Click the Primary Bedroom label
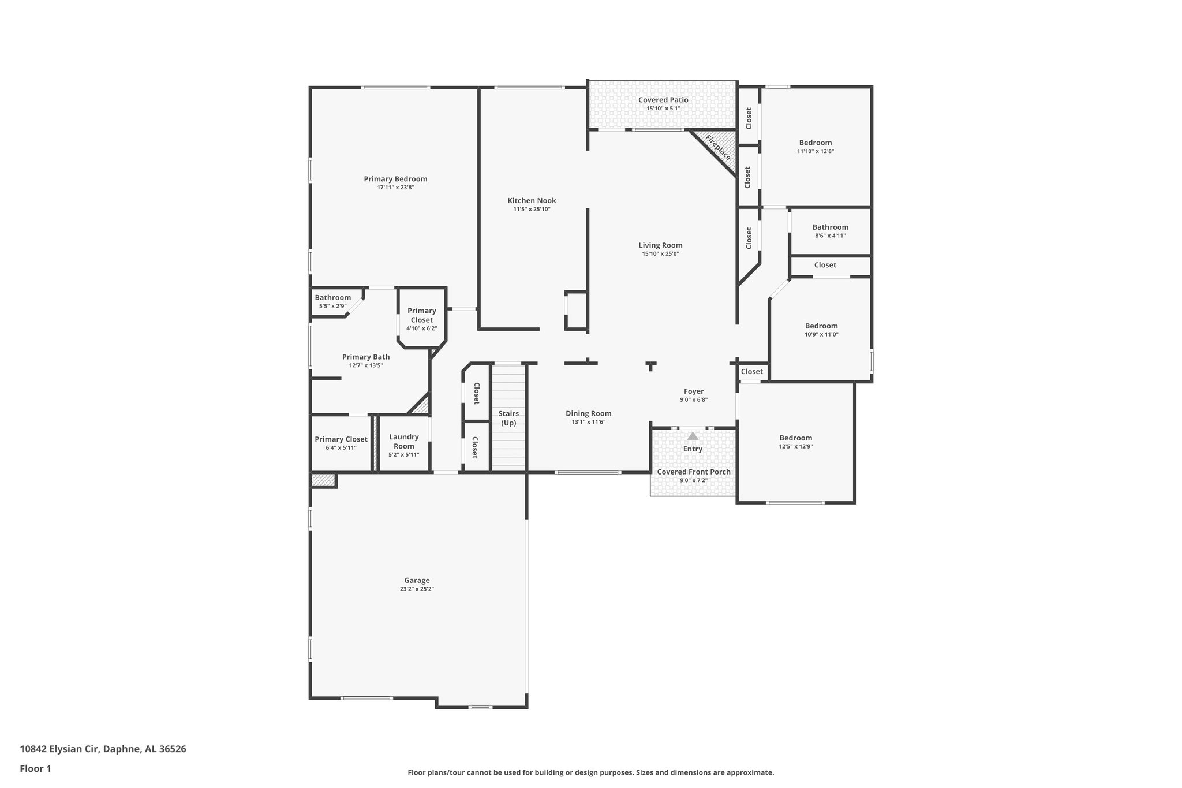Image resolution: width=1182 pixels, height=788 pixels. (x=395, y=179)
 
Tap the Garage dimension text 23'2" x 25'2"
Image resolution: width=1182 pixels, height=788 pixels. (x=417, y=589)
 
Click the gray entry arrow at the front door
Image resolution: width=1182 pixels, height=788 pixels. (x=693, y=436)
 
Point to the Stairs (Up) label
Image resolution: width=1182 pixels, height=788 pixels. (x=508, y=418)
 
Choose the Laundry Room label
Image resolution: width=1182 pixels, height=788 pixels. (x=403, y=442)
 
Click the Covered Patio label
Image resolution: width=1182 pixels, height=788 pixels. (x=663, y=100)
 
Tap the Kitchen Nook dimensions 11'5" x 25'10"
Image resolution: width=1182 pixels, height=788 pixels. (x=532, y=209)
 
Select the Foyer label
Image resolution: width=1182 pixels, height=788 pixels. (x=693, y=391)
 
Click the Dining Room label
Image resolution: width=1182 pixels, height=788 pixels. (x=588, y=413)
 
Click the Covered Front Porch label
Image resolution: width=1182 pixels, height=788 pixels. (x=693, y=472)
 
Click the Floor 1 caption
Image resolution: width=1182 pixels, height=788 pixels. (x=35, y=768)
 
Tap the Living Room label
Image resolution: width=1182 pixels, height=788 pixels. (x=660, y=245)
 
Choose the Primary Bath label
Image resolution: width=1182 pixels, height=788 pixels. (x=365, y=357)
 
